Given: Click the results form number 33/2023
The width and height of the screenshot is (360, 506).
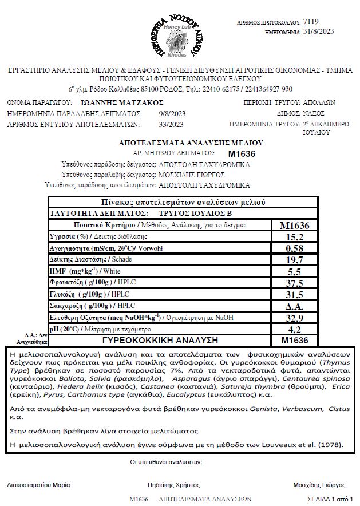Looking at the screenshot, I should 172,124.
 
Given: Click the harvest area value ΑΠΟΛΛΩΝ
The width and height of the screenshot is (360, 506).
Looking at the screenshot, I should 319,103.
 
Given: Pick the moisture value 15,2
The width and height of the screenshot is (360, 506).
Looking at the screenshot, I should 295,236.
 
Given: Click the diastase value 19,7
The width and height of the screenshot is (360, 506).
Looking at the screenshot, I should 295,260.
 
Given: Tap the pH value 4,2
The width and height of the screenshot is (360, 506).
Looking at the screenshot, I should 295,329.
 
